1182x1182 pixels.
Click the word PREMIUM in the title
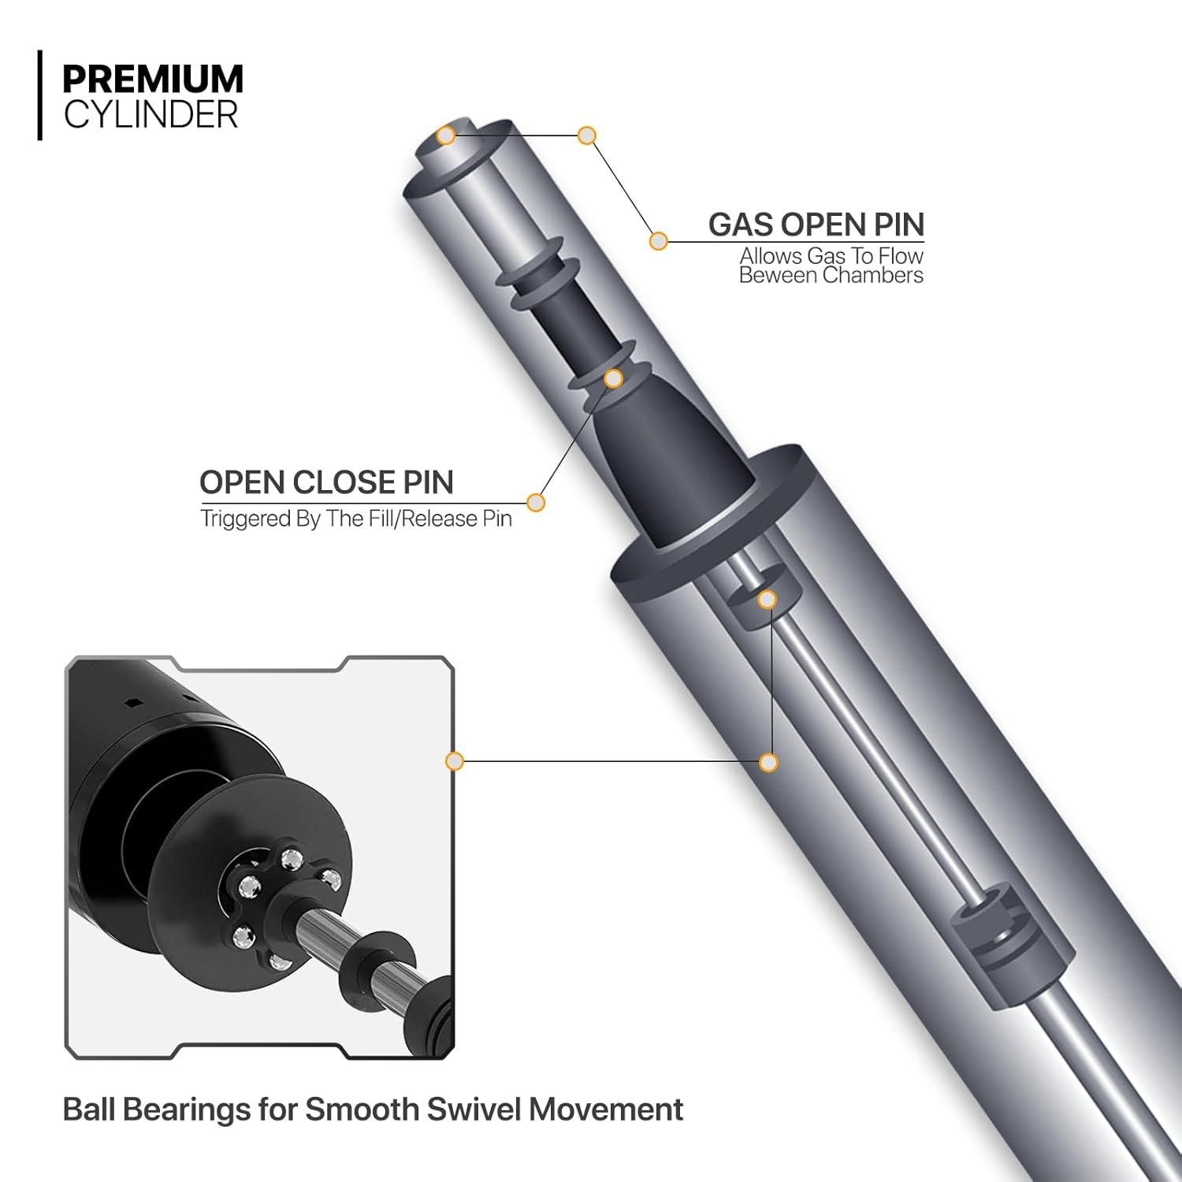click(153, 80)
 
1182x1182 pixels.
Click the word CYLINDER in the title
click(151, 115)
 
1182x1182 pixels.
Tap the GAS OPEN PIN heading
click(816, 225)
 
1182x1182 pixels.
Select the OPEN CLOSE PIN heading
click(326, 482)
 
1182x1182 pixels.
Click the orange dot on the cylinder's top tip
click(446, 136)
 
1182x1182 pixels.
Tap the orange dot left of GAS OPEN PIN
click(658, 241)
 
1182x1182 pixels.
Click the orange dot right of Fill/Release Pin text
click(536, 502)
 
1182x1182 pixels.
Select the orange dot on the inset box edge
click(454, 761)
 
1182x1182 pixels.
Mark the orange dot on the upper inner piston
click(766, 600)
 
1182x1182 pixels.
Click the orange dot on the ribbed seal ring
click(613, 379)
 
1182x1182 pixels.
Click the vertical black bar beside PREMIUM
click(39, 95)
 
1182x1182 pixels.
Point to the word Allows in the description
click(770, 257)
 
